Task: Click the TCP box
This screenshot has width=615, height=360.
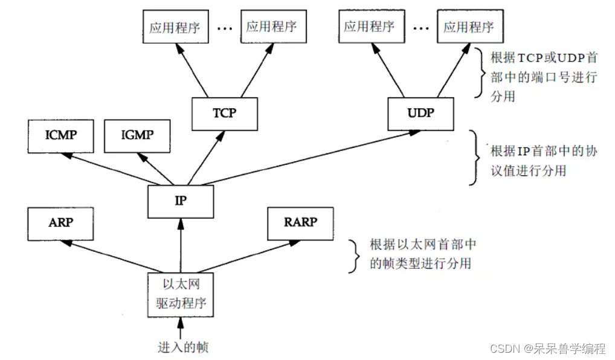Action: (224, 113)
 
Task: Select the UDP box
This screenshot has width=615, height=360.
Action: (420, 113)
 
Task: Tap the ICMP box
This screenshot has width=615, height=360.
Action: (61, 135)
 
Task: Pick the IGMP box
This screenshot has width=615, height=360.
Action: (137, 135)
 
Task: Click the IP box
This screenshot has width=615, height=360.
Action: (181, 201)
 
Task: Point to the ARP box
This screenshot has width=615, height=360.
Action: (61, 222)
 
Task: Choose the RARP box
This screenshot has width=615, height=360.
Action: (300, 222)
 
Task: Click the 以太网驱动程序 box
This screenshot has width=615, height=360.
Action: (181, 294)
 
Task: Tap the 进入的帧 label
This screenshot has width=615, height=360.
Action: (183, 347)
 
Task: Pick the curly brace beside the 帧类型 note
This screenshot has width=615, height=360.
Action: (355, 254)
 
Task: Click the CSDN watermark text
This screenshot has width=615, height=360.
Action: (547, 349)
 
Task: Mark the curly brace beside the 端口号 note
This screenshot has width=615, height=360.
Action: (480, 73)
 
